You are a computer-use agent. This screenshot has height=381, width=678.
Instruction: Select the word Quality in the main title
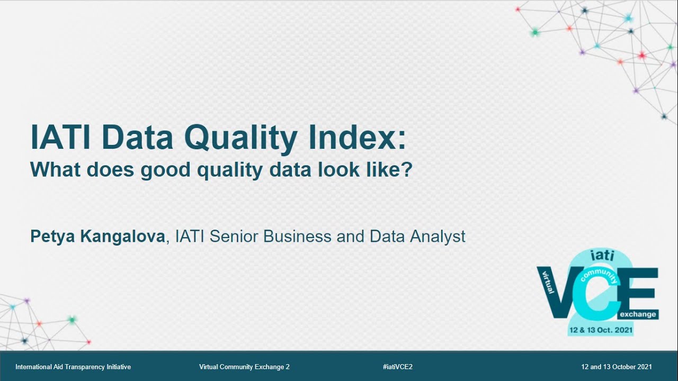click(240, 138)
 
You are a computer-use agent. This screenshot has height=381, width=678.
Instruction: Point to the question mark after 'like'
click(407, 170)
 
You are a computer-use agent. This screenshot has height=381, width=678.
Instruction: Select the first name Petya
click(53, 237)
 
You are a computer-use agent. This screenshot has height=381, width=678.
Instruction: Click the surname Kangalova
click(123, 237)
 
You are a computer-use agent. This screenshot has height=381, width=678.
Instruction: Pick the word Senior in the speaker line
click(234, 237)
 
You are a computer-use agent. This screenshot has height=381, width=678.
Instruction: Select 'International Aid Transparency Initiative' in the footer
click(73, 367)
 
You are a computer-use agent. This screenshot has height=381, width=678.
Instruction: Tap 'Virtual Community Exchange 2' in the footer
click(244, 367)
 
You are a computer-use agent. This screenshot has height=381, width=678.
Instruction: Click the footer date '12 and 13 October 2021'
click(617, 367)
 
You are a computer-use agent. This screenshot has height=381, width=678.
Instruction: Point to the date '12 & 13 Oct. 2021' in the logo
click(600, 330)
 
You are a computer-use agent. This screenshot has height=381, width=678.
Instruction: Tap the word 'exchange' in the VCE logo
click(638, 314)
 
